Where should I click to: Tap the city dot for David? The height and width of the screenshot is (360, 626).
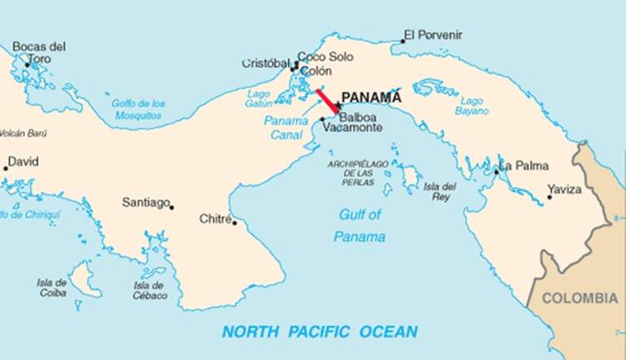(6, 169)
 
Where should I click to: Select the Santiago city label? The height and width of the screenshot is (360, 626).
(145, 202)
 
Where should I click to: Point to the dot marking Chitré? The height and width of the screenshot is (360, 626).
(235, 222)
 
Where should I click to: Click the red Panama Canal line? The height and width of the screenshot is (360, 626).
(327, 100)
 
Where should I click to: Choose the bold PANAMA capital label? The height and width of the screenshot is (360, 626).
(376, 96)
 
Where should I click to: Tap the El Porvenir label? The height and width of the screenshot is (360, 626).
(432, 35)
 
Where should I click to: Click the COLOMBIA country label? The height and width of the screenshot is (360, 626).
(580, 298)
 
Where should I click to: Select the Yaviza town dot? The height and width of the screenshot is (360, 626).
(549, 197)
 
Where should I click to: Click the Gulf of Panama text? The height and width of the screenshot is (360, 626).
(360, 226)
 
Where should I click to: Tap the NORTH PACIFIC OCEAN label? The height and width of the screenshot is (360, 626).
(320, 332)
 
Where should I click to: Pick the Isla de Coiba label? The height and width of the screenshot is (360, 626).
(52, 288)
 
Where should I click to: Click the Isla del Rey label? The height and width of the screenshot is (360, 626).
(440, 191)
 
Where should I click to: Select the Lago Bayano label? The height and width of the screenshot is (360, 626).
(472, 105)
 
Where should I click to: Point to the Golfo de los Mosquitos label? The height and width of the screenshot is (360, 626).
(139, 109)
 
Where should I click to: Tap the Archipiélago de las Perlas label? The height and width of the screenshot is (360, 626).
(358, 172)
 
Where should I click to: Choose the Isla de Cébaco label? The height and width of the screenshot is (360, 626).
(149, 290)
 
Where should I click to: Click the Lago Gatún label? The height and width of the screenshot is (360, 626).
(258, 99)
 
